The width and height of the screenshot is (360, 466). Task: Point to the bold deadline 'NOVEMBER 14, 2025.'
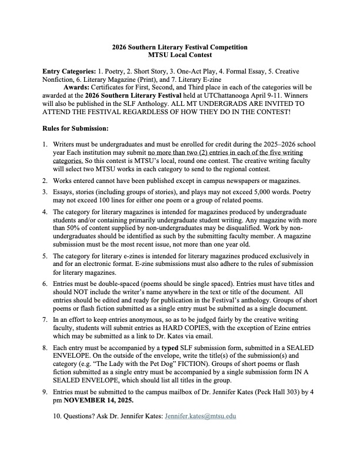coord(98,400)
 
